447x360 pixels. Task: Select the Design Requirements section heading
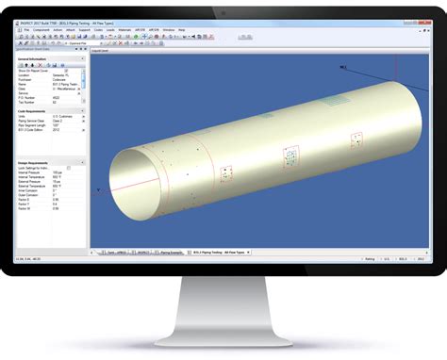click(x=35, y=162)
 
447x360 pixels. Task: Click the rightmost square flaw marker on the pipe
click(x=356, y=139)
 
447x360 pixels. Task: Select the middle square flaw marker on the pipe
click(x=291, y=154)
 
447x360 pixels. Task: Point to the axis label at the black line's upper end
click(x=317, y=67)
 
